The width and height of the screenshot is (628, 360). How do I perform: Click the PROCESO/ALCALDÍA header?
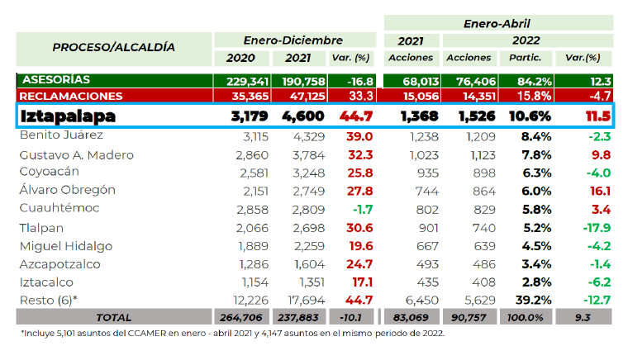click(x=113, y=47)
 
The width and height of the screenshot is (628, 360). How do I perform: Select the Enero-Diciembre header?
click(x=293, y=40)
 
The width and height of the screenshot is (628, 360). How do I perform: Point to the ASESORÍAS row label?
click(x=57, y=80)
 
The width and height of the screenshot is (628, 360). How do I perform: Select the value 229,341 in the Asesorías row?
click(x=246, y=81)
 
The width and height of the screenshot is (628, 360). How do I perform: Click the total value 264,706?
click(x=246, y=318)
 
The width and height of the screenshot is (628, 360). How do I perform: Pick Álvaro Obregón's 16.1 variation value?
click(x=598, y=190)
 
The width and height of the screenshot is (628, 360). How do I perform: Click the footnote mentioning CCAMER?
click(x=234, y=334)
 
